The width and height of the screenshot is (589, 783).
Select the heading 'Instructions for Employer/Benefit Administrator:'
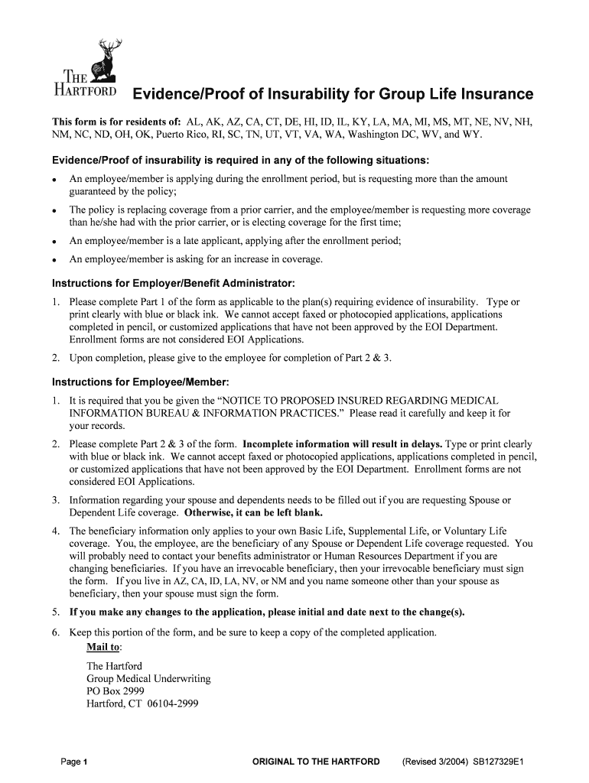pos(173,283)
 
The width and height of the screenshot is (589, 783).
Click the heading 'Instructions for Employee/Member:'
pos(140,382)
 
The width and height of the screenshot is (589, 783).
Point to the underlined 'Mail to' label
pos(104,648)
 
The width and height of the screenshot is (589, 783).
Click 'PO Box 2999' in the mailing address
pos(115,691)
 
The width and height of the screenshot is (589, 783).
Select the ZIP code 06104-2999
pos(173,703)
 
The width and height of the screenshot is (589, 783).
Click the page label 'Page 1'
pos(75,762)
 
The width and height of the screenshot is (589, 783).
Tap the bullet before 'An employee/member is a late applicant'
pos(55,241)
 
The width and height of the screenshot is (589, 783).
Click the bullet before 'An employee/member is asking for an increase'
pos(55,260)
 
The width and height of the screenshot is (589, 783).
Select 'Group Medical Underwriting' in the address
pos(148,679)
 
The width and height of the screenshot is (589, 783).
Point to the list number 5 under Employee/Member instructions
pos(56,612)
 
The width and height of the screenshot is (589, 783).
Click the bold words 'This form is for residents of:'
pos(116,122)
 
